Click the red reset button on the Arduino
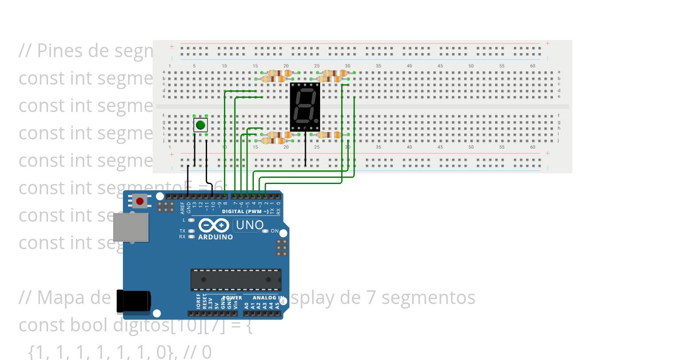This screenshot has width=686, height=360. point(139,201)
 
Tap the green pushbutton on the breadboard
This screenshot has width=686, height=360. point(200,125)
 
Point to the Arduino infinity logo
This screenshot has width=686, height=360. point(215,225)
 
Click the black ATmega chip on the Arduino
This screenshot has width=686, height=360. point(236,279)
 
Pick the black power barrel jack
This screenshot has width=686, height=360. point(134,302)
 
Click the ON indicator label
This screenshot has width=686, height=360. point(274,231)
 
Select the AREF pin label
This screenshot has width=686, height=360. point(182,206)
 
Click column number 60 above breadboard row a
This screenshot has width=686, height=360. point(532,66)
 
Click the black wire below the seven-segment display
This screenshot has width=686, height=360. point(305,150)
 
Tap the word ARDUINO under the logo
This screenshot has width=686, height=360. point(216,237)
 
